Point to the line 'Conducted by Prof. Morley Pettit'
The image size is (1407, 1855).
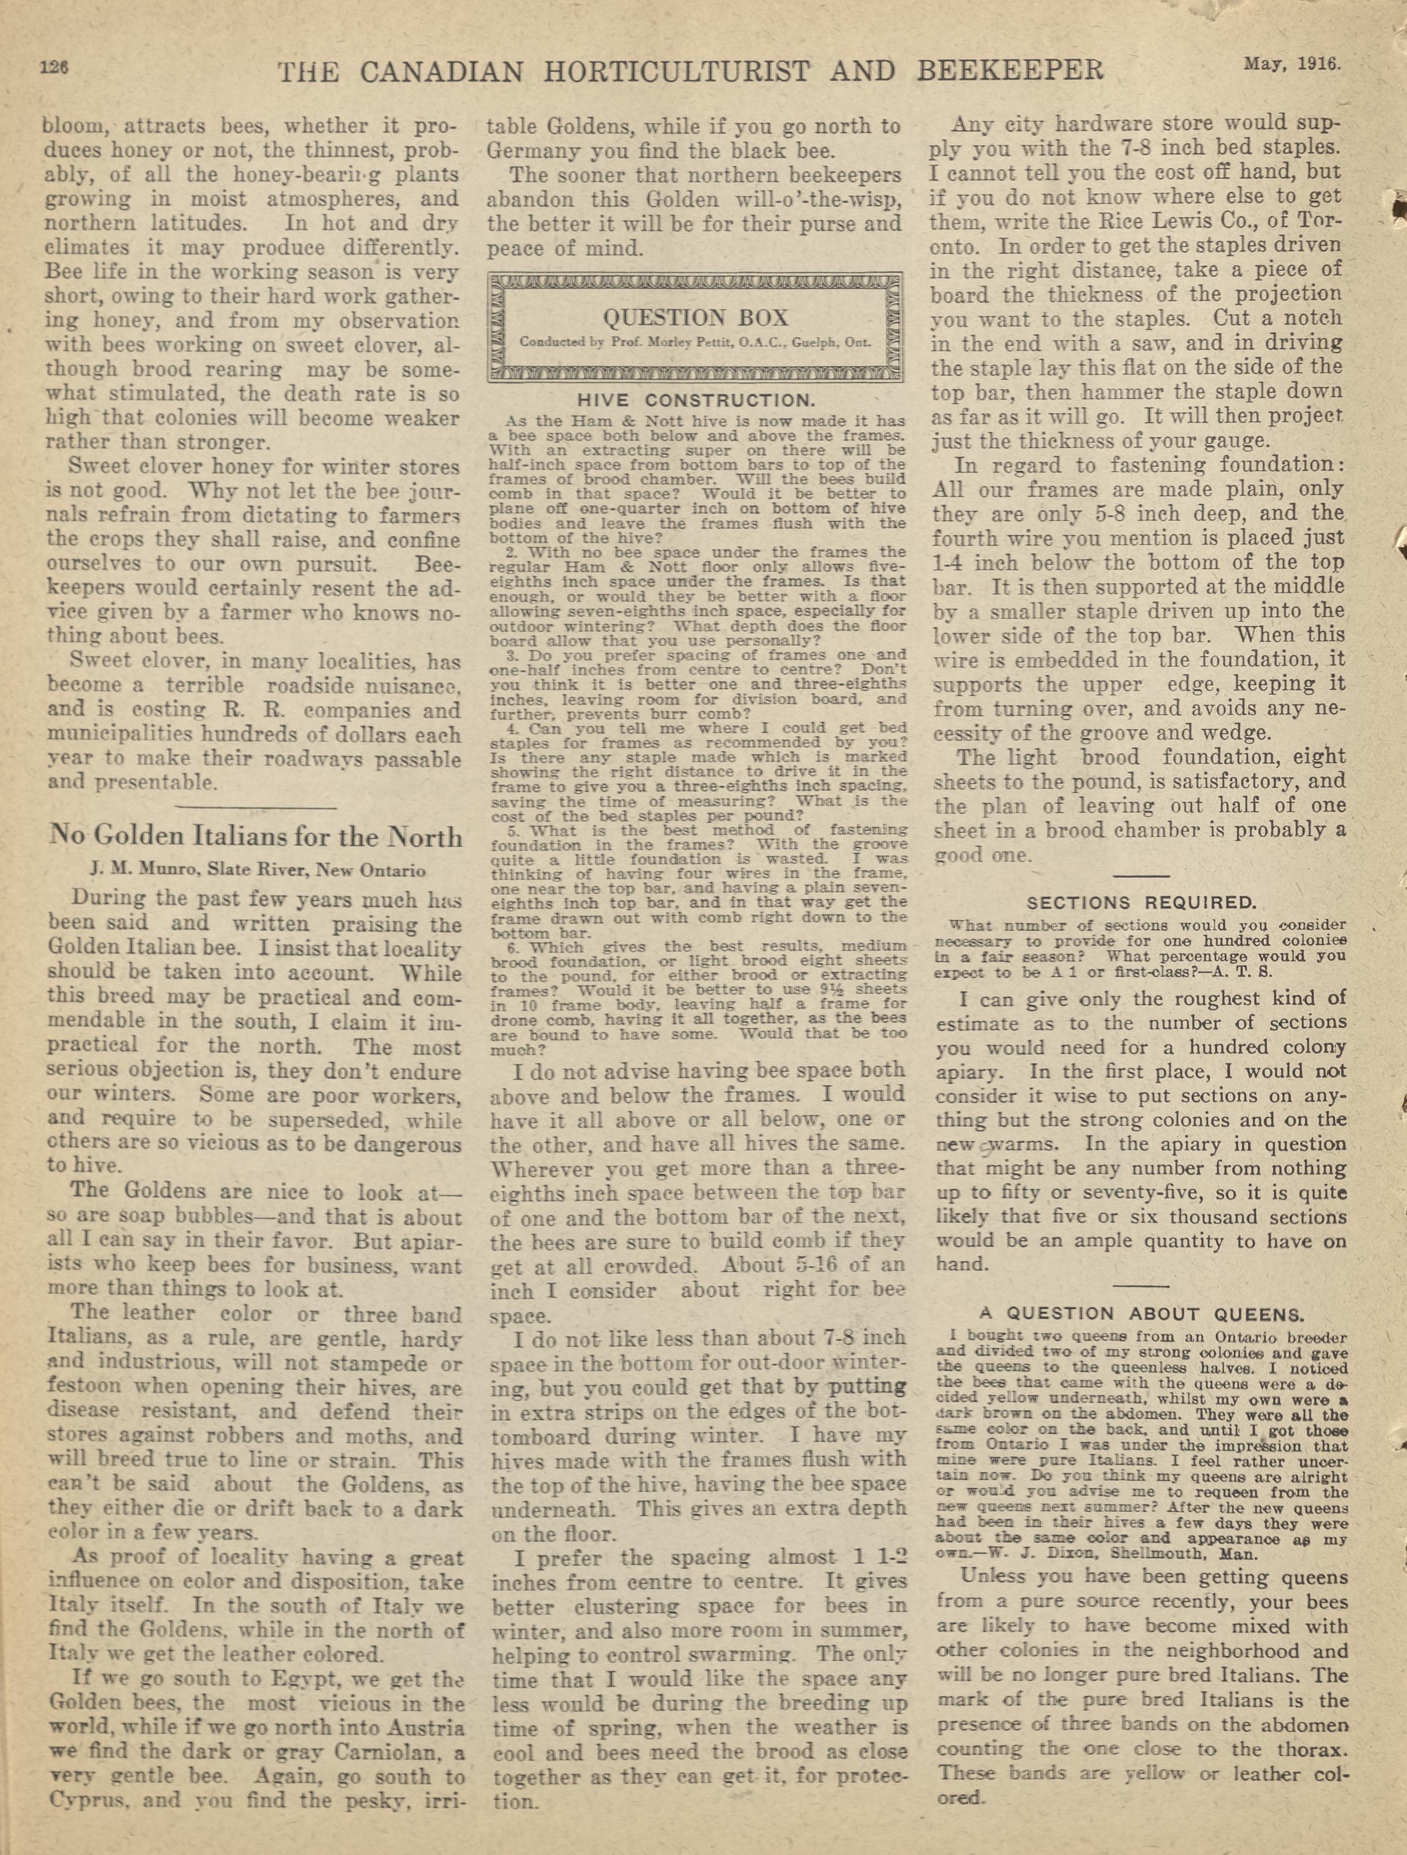695,342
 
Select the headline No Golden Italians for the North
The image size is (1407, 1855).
255,837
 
